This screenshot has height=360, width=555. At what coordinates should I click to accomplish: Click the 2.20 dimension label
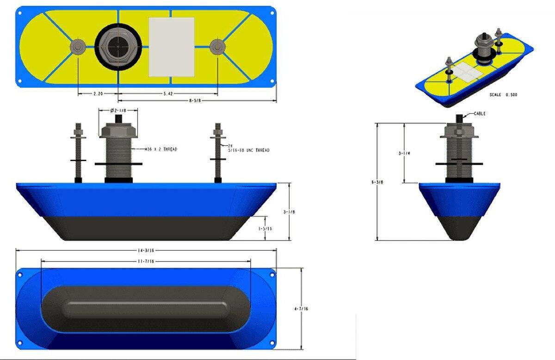click(x=98, y=93)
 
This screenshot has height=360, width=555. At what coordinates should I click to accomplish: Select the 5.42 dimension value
click(x=168, y=93)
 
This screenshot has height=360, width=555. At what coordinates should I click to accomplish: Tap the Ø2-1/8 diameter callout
click(x=118, y=111)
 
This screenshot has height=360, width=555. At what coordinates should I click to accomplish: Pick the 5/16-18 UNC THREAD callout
click(x=248, y=150)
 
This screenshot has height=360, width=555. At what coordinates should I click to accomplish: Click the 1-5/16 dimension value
click(x=266, y=228)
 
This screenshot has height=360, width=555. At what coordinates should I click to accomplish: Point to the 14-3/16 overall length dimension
click(x=146, y=250)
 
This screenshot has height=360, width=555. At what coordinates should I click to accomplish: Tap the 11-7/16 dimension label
click(x=146, y=261)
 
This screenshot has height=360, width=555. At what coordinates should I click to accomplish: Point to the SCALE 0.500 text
click(x=503, y=95)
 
